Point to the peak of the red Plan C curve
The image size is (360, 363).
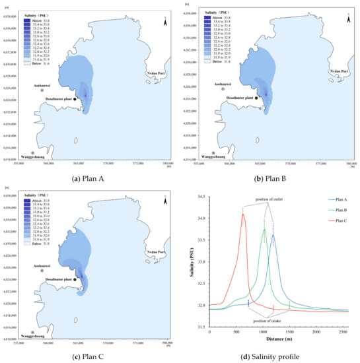tap(243, 214)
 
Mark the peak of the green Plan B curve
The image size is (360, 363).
tap(265, 230)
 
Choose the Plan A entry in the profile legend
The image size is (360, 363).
tap(334, 199)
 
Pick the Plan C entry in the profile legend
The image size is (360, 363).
tap(334, 220)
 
